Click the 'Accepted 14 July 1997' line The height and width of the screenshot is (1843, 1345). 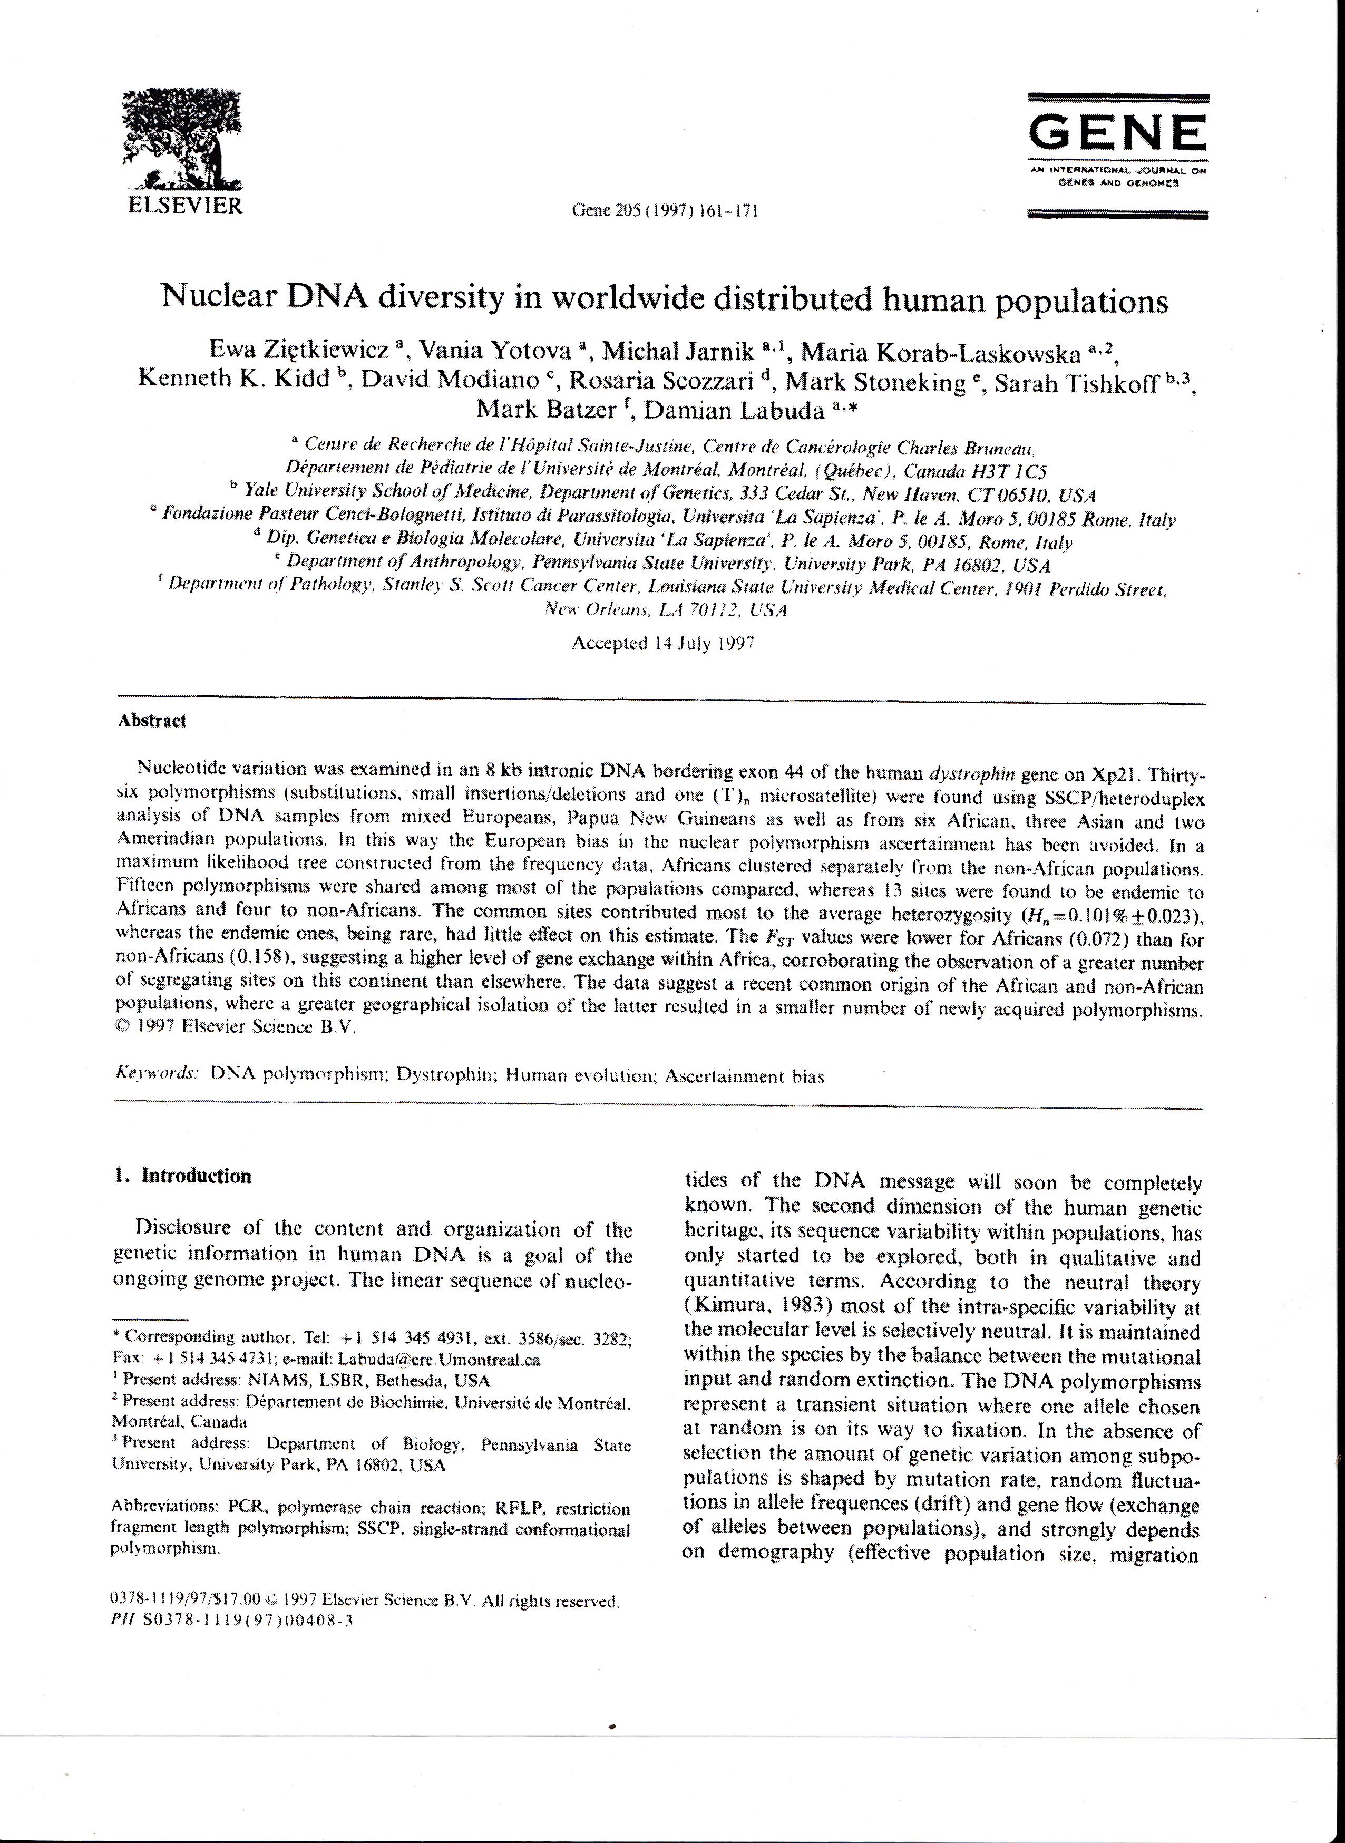click(664, 643)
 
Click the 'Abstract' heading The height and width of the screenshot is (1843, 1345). click(152, 721)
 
